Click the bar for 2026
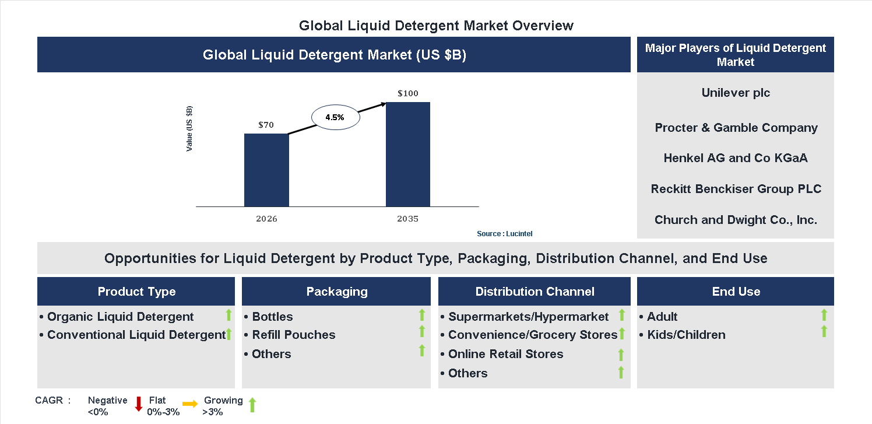[x=266, y=170]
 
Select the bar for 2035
[x=408, y=154]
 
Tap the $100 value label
[x=408, y=93]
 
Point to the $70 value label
[x=266, y=125]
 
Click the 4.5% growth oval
[x=335, y=117]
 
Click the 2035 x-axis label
[x=408, y=219]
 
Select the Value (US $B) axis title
[x=189, y=129]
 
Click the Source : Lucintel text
[x=504, y=234]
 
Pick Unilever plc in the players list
[x=736, y=93]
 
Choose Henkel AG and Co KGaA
[x=736, y=158]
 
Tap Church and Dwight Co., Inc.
[x=736, y=220]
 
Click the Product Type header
[x=136, y=292]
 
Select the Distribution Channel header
[x=535, y=292]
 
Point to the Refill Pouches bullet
[x=293, y=335]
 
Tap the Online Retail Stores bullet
[x=505, y=354]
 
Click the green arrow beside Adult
[x=824, y=316]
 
